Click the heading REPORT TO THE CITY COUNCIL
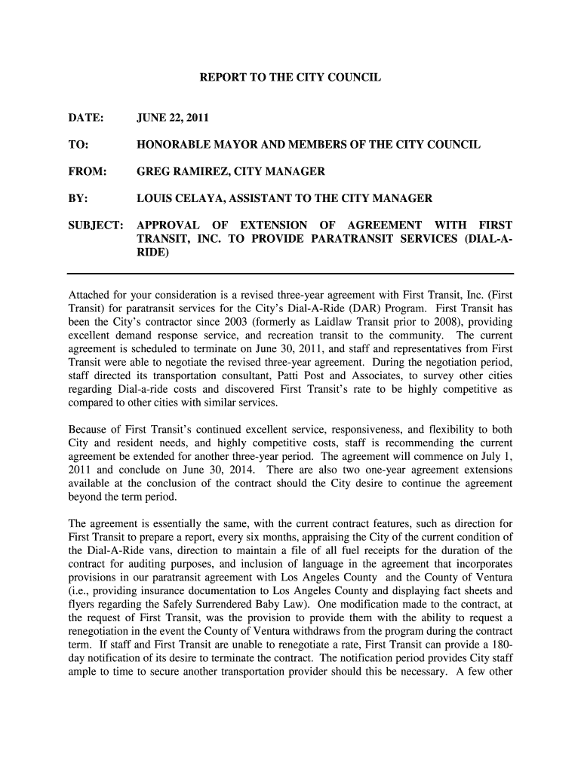(290, 78)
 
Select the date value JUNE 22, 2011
(173, 118)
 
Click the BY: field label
(78, 198)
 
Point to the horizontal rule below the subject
(290, 272)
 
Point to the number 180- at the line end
(500, 645)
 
